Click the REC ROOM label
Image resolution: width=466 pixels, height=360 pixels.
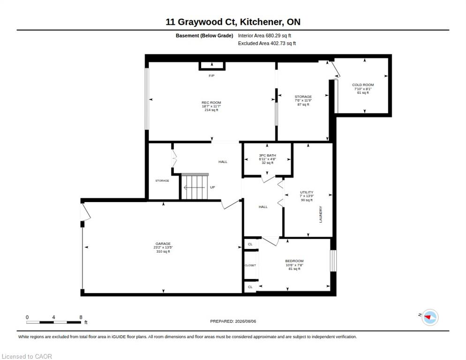click(x=211, y=103)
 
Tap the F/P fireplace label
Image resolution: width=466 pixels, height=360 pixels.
click(x=211, y=76)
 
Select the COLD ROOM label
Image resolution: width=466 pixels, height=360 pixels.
click(x=363, y=85)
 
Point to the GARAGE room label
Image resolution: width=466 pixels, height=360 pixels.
click(x=163, y=243)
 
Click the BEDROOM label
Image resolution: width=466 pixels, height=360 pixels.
click(x=294, y=261)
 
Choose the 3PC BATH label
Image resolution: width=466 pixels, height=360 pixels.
click(x=268, y=155)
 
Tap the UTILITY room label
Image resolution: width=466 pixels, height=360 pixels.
click(x=307, y=192)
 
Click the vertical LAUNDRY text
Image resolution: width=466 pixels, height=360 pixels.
click(x=321, y=214)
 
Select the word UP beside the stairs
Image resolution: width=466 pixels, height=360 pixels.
click(x=212, y=187)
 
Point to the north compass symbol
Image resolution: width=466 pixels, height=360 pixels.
click(x=430, y=317)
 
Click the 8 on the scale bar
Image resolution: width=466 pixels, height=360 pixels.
click(x=81, y=317)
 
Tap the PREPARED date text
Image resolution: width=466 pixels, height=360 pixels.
click(x=233, y=322)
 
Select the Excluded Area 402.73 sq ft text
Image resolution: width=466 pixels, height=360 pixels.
click(x=267, y=44)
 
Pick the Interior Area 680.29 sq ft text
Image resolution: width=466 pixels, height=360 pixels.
click(x=264, y=36)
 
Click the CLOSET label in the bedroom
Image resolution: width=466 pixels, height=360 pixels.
click(x=250, y=265)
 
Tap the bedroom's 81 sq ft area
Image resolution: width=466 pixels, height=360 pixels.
click(x=294, y=269)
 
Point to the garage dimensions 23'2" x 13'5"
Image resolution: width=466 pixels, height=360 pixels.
click(x=163, y=247)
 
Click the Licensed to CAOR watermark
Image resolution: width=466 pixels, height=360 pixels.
click(x=27, y=356)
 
